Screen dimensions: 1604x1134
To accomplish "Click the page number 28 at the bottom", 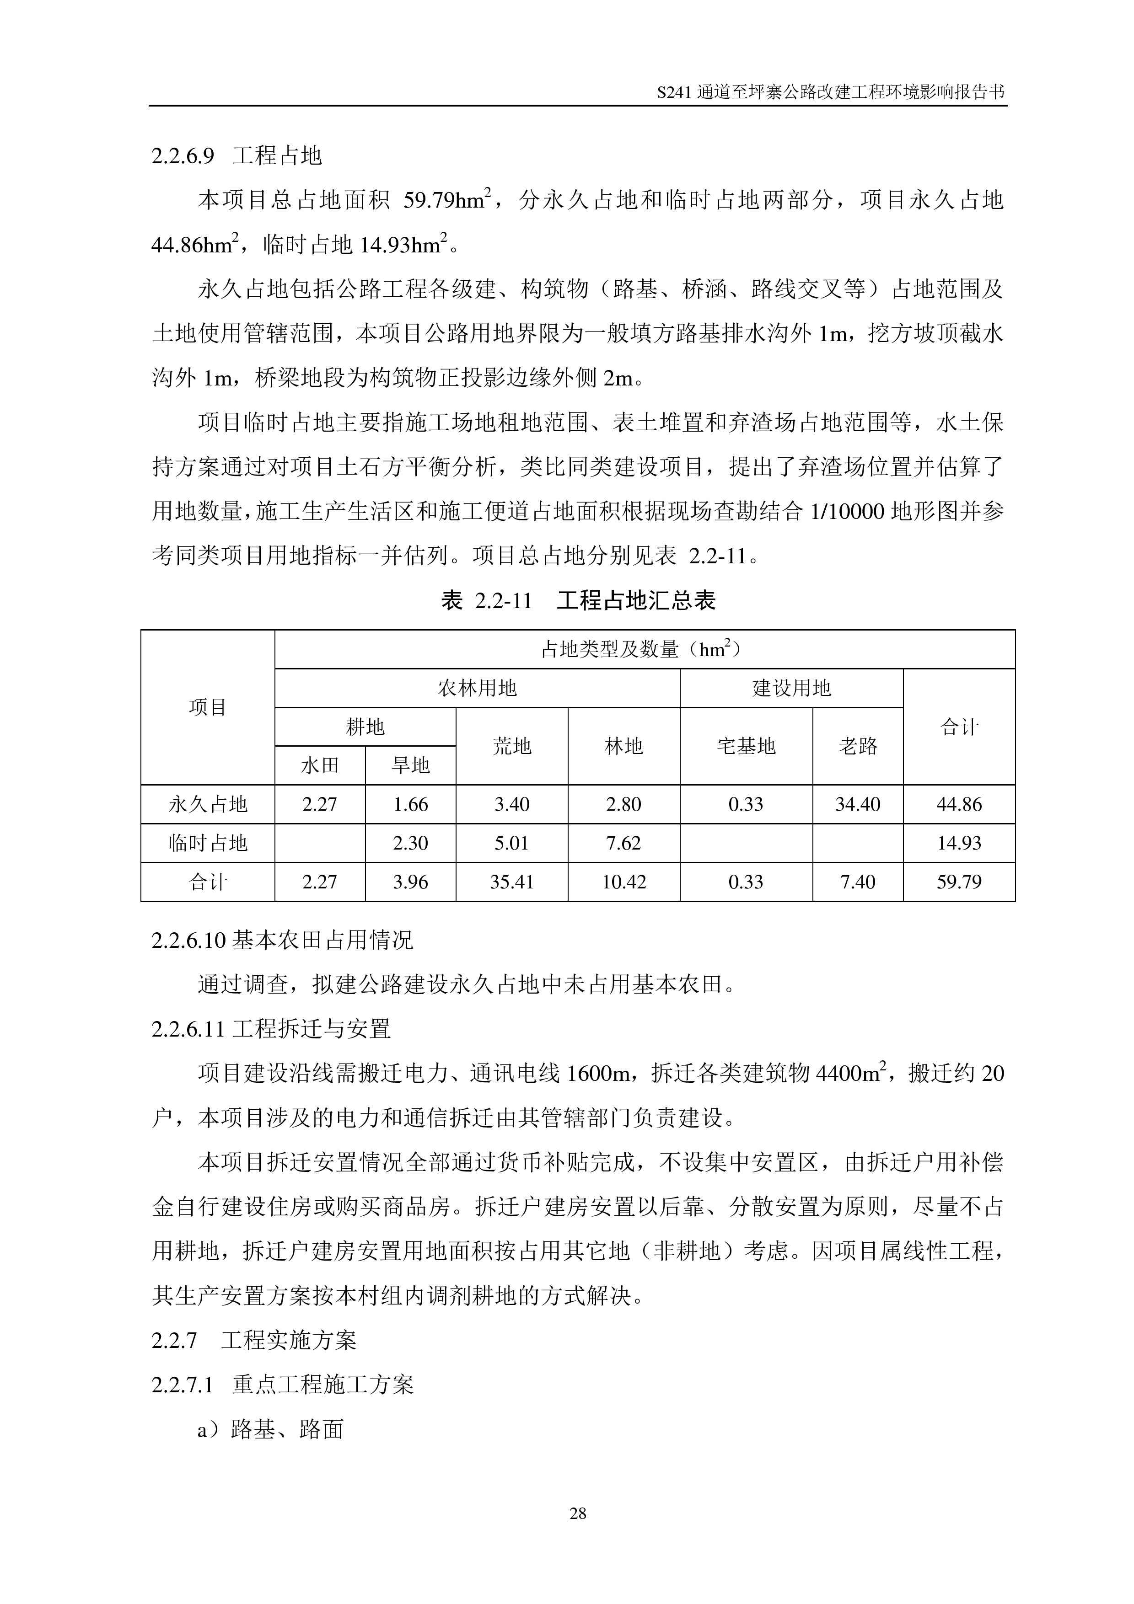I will pyautogui.click(x=578, y=1513).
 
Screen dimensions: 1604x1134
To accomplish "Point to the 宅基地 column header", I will pyautogui.click(x=746, y=746).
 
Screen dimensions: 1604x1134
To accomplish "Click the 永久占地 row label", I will pyautogui.click(x=208, y=804).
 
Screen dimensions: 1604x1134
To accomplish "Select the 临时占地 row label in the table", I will pyautogui.click(x=208, y=843).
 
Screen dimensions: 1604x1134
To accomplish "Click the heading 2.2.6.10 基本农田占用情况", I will pyautogui.click(x=282, y=941).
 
